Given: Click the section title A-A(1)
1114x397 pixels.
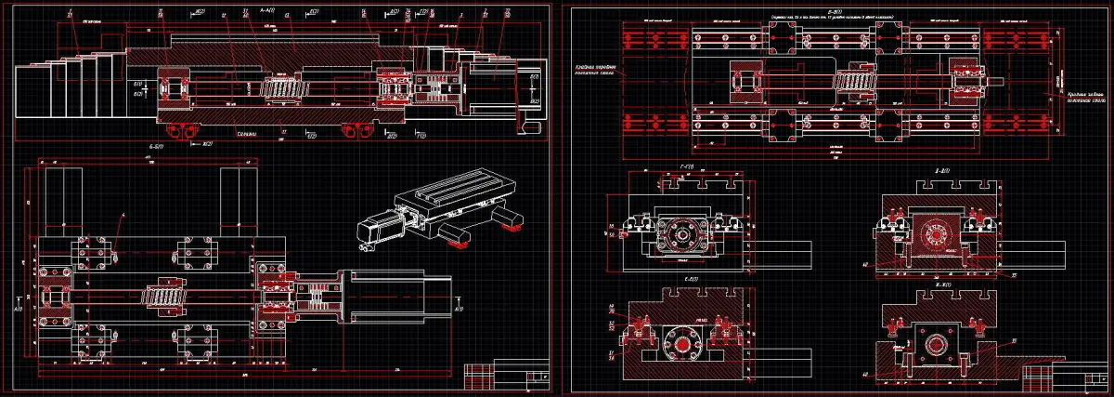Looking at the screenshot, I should click(x=266, y=10).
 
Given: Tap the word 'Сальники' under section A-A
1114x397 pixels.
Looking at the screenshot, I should click(x=246, y=133).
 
